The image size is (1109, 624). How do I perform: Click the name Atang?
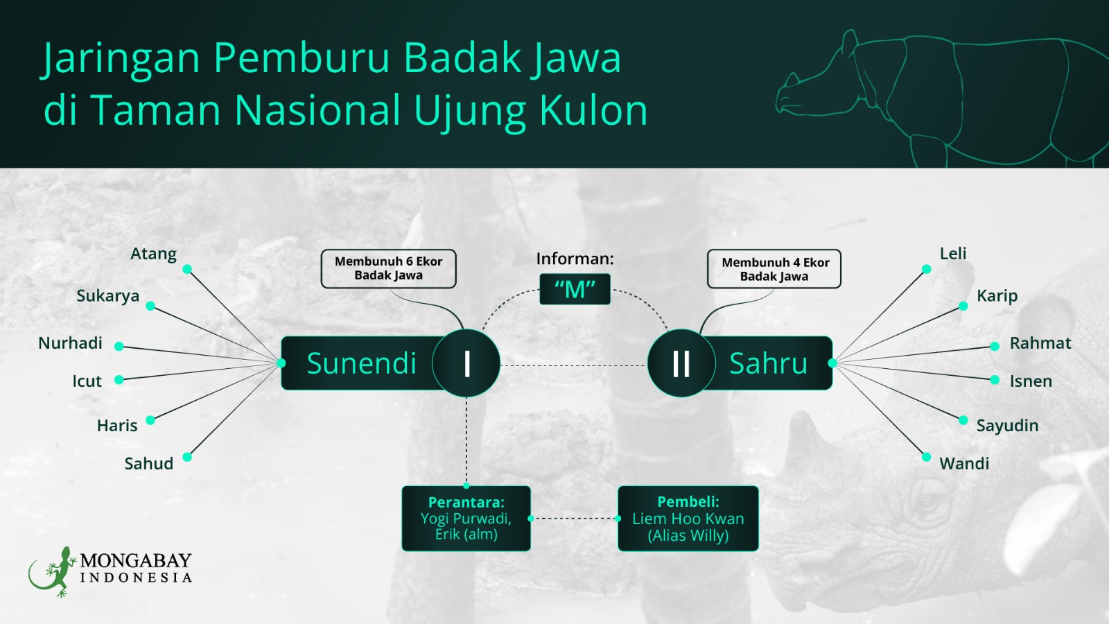[153, 254]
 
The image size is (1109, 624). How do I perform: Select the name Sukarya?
[108, 295]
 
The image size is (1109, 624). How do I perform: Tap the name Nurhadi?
[70, 343]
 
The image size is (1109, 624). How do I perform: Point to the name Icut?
[87, 381]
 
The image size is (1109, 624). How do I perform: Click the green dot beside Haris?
[150, 420]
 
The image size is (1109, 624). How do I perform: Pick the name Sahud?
[149, 464]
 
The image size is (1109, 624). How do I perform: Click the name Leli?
[953, 254]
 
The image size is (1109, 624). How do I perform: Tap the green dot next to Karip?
[963, 306]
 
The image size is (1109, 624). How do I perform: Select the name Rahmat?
[1040, 343]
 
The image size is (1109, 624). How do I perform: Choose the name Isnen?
[1031, 381]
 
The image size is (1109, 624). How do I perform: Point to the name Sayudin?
[1008, 426]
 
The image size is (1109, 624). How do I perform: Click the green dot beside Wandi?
[926, 457]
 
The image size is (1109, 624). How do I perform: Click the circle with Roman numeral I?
[466, 363]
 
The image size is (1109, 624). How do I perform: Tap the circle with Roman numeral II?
[681, 363]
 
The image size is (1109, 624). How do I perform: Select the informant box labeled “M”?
[575, 289]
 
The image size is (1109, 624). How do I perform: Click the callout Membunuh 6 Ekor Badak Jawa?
[389, 269]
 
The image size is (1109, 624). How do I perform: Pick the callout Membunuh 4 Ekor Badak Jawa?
[774, 269]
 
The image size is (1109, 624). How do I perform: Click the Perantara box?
[466, 519]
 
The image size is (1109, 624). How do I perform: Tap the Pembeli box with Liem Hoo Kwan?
[688, 519]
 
